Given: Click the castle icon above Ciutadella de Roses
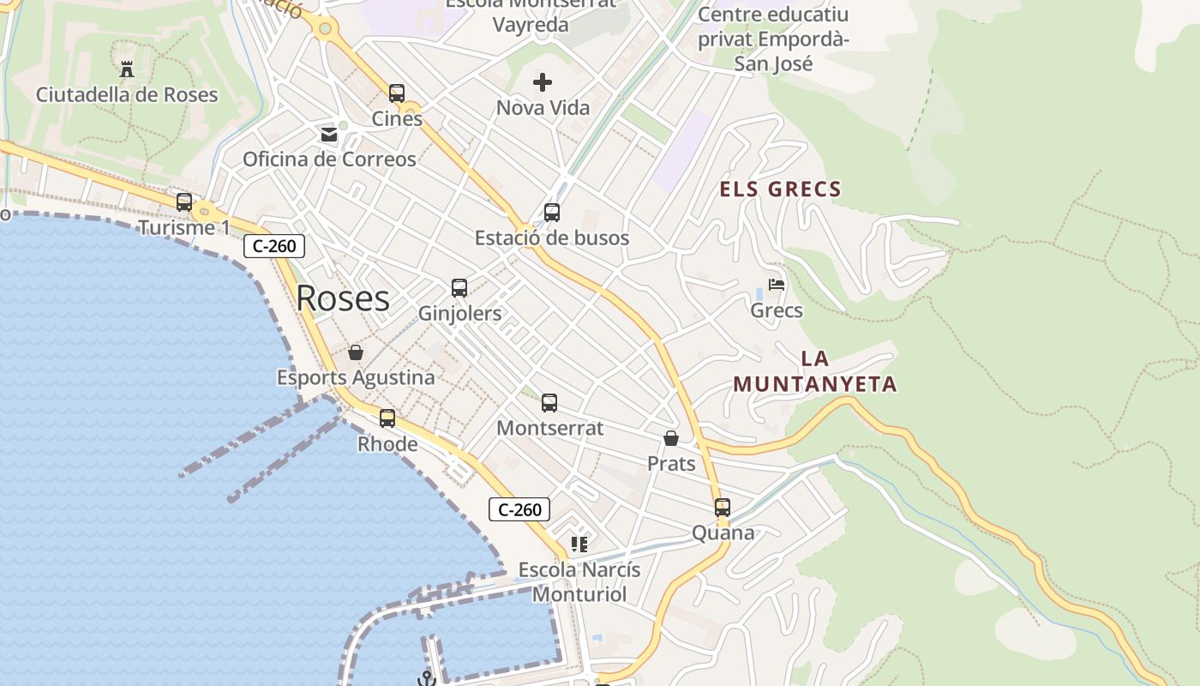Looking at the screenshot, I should [127, 69].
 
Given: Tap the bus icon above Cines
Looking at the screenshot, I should [396, 93].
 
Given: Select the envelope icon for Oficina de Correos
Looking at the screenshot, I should [329, 135].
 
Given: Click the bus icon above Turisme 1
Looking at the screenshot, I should [184, 202].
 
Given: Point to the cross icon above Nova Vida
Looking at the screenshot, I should [543, 82].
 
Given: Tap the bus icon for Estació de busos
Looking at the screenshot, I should [552, 213].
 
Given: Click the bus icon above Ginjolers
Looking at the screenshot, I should [459, 288].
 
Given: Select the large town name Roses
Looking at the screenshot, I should [343, 298].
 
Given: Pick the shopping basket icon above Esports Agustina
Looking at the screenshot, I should [356, 352].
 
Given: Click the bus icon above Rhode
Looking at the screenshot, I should [387, 418].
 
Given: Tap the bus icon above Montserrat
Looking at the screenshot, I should [549, 402].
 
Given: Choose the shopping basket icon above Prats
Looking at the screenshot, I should [671, 438].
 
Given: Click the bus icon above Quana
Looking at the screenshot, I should [723, 508].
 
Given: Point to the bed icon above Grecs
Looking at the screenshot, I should [777, 285].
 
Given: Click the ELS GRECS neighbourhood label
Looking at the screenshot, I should [780, 190].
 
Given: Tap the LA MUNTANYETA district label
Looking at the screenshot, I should [815, 371].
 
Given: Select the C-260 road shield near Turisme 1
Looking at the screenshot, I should [274, 246].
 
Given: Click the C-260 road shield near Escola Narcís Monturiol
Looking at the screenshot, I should [519, 509].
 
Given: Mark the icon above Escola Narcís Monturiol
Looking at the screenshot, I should [579, 545].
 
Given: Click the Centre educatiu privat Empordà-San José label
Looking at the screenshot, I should [773, 39].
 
